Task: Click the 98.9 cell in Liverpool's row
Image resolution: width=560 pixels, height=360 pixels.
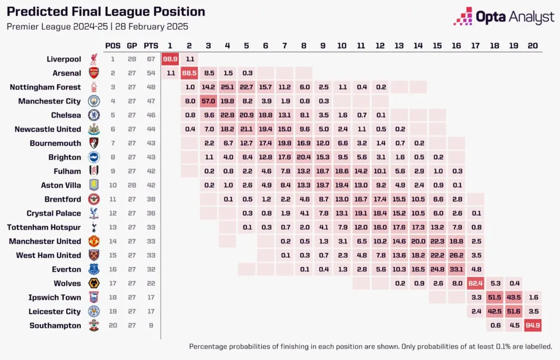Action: pyautogui.click(x=170, y=59)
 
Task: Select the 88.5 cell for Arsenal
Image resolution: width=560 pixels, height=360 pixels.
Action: pyautogui.click(x=189, y=73)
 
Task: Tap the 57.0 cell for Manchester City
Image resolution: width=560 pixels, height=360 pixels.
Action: pyautogui.click(x=208, y=101)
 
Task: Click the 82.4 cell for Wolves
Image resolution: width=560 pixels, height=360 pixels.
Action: pyautogui.click(x=475, y=283)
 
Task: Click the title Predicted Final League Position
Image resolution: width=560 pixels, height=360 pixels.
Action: pyautogui.click(x=106, y=12)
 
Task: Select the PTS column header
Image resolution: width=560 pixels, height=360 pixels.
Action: pyautogui.click(x=150, y=45)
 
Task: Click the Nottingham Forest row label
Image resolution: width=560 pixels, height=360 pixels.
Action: pyautogui.click(x=45, y=87)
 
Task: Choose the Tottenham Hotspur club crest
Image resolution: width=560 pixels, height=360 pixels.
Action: pyautogui.click(x=93, y=227)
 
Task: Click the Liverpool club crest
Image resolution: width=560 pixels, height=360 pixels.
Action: pyautogui.click(x=93, y=59)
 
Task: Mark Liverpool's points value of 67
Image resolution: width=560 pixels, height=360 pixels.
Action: pyautogui.click(x=149, y=59)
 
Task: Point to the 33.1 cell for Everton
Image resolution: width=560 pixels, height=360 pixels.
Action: pyautogui.click(x=456, y=269)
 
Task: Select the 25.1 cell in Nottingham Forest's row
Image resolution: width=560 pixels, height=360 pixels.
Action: pyautogui.click(x=227, y=87)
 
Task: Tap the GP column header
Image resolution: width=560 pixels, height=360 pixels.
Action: pyautogui.click(x=132, y=45)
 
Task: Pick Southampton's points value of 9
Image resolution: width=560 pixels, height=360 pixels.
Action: pyautogui.click(x=149, y=325)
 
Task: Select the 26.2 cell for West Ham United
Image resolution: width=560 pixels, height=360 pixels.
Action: pyautogui.click(x=456, y=255)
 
